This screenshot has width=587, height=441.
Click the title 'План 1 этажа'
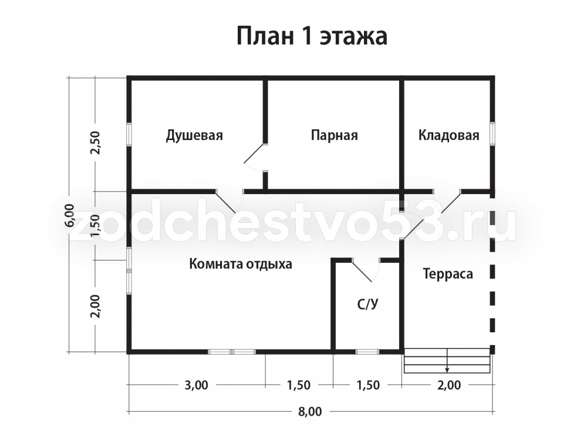(x=312, y=36)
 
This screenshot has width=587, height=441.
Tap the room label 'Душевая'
(x=194, y=135)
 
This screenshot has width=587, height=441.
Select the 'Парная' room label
(x=335, y=135)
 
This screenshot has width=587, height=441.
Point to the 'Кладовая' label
(x=448, y=135)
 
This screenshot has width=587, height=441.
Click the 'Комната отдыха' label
(x=240, y=264)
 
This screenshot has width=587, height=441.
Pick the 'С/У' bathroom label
(x=367, y=304)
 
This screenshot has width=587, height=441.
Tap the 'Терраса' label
(x=448, y=274)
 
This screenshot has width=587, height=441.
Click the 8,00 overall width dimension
(x=310, y=412)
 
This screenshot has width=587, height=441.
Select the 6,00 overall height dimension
(x=70, y=215)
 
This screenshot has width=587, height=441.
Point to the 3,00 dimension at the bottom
(x=196, y=385)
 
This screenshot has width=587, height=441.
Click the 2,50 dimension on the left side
(x=96, y=142)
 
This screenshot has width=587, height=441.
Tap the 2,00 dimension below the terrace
(x=449, y=385)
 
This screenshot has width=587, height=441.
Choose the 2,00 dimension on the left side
(x=96, y=306)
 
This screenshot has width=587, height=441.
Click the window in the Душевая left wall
(x=129, y=134)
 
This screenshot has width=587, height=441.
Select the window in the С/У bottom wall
(x=367, y=352)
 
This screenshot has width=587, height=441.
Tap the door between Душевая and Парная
(x=255, y=153)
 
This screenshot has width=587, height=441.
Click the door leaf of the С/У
(x=362, y=270)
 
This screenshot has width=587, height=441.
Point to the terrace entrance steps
(x=447, y=361)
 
